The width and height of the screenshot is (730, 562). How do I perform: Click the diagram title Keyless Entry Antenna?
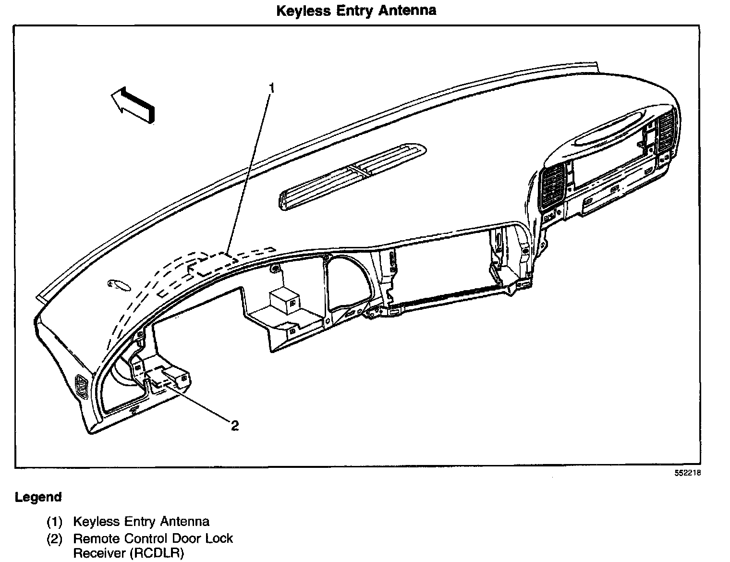356,11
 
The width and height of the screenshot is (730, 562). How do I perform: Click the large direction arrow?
133,105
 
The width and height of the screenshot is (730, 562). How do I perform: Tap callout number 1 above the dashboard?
272,88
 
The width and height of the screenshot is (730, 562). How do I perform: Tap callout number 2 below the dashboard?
235,426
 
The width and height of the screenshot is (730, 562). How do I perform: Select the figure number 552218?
688,473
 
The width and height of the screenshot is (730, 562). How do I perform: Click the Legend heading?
38,497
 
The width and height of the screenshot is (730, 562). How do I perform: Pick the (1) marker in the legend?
54,522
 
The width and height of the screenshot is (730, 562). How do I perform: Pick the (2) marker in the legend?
54,539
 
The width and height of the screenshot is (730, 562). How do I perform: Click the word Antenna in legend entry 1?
185,521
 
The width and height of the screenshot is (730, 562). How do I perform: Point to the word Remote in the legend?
97,539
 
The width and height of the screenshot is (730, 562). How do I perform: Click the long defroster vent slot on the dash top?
353,176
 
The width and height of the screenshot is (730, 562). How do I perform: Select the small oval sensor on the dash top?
119,284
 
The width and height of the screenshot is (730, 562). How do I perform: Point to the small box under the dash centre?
284,301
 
